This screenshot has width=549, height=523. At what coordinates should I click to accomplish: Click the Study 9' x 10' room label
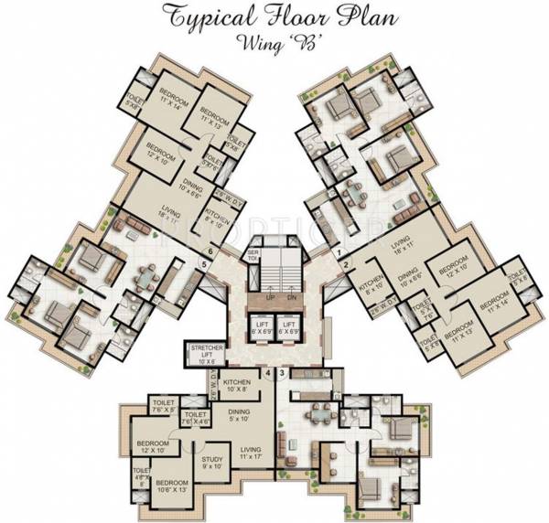(x=212, y=464)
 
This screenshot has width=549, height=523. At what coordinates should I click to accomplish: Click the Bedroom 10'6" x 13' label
(x=172, y=487)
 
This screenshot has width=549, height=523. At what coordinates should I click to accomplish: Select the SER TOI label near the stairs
(x=253, y=255)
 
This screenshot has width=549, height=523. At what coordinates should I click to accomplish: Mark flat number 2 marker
(x=345, y=265)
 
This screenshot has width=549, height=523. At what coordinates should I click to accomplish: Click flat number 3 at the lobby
(x=282, y=373)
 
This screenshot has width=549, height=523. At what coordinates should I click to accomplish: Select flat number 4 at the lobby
(x=267, y=373)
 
